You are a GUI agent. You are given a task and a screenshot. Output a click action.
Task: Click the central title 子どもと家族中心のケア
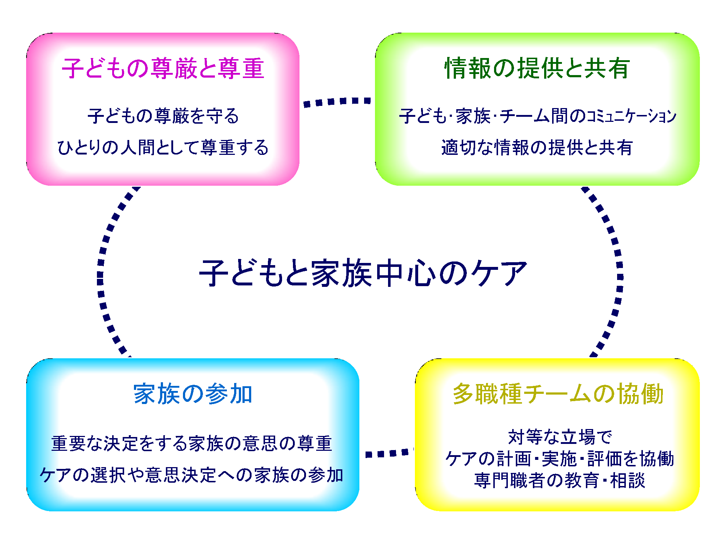[363, 273]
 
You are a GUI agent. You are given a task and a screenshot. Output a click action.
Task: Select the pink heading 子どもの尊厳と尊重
[163, 68]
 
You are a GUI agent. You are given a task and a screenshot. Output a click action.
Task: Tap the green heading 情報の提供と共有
[537, 68]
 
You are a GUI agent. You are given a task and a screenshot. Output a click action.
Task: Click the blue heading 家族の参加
[193, 394]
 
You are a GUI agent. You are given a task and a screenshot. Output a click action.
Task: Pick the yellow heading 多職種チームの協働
[558, 394]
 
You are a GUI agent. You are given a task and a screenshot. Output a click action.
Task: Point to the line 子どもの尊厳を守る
[163, 116]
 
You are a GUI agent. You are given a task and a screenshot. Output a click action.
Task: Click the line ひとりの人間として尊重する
[163, 148]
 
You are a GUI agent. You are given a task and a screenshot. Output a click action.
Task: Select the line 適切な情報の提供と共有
[537, 148]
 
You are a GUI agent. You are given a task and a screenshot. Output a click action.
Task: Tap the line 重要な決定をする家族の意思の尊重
[192, 443]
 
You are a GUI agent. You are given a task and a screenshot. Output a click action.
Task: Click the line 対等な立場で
[560, 437]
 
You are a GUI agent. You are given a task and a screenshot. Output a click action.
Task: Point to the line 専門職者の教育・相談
[560, 480]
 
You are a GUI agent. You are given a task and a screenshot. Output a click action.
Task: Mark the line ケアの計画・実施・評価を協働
[560, 458]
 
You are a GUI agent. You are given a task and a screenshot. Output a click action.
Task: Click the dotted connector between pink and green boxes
[337, 102]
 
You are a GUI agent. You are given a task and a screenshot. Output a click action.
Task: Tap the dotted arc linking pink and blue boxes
[101, 272]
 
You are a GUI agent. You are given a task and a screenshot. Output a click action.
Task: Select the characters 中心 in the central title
[405, 273]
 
